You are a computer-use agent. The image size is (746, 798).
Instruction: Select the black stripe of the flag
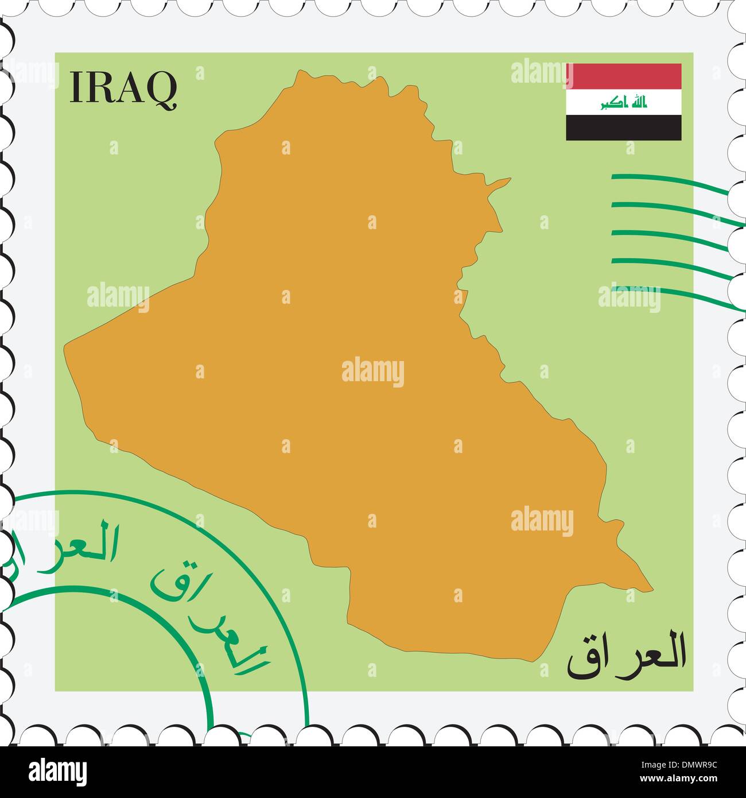point(624,127)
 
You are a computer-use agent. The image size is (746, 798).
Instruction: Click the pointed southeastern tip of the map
point(651,587)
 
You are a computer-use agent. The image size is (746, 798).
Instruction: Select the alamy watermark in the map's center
point(373,372)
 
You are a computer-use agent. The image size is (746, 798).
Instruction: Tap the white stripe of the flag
point(624,102)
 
